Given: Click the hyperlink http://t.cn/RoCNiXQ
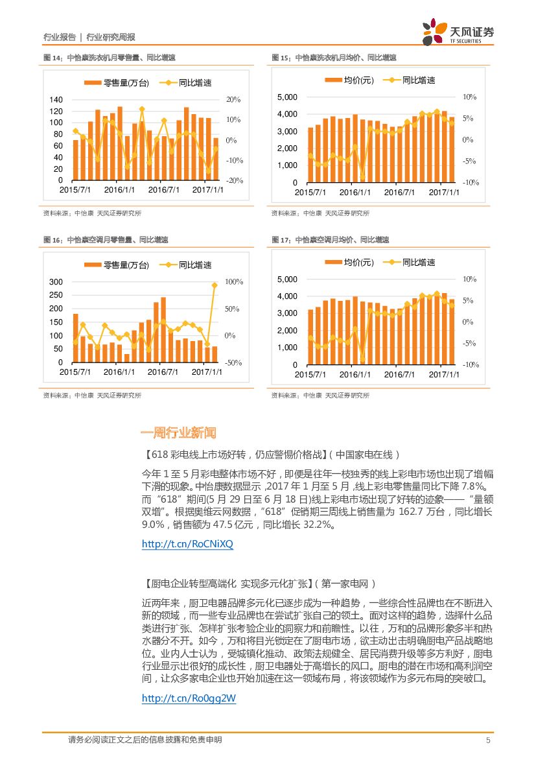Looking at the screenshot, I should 187,545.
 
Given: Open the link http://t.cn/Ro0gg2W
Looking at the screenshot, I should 189,698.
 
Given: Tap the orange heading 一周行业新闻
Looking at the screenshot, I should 178,432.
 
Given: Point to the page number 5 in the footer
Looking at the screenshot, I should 488,740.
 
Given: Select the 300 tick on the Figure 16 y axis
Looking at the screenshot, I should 56,282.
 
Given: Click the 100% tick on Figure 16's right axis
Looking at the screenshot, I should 233,282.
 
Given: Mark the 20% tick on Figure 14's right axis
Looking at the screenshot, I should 233,100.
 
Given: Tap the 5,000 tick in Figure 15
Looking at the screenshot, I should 286,97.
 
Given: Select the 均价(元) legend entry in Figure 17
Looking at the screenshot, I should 350,263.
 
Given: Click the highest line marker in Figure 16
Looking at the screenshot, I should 215,285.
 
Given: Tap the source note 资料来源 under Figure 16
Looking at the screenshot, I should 92,396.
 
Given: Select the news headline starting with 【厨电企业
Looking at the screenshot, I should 258,584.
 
